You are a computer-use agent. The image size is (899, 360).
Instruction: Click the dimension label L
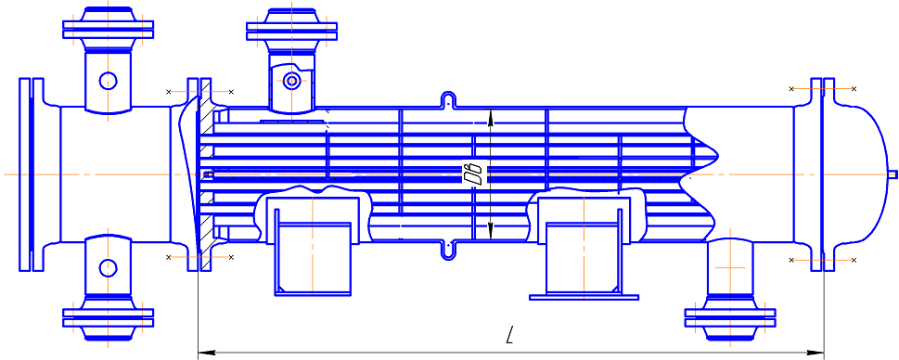coord(509,335)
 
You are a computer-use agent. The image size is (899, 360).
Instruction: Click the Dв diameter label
coord(475,174)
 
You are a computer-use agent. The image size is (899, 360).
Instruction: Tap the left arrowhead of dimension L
coord(206,351)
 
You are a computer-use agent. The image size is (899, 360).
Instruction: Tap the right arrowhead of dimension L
coord(816,351)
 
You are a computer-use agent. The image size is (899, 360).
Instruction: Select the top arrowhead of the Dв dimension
coord(490,116)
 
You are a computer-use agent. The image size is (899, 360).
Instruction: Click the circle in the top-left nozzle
coord(109,81)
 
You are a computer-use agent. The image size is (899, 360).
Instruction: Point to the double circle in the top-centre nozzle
coord(292,81)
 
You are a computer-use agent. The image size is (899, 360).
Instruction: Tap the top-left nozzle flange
coord(109,30)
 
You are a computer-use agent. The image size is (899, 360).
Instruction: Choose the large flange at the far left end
coord(32,174)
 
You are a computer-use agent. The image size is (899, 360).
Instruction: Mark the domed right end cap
coord(858,174)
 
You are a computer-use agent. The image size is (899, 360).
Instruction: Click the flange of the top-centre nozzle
coord(292,32)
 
